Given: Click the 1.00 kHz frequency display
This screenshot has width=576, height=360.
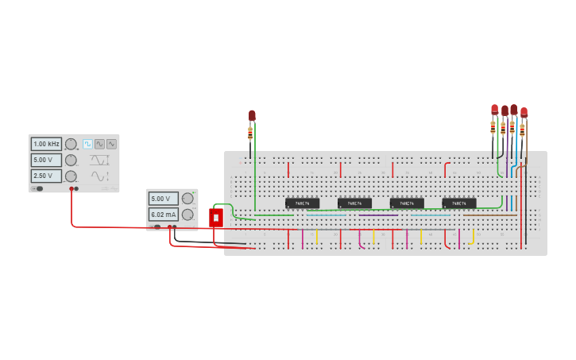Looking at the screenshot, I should tap(46, 144).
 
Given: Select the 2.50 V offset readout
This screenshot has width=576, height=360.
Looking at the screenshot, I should tap(46, 176).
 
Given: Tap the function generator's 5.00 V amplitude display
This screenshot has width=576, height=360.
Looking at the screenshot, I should tap(46, 160).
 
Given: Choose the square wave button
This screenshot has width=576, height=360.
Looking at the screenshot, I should tap(87, 144).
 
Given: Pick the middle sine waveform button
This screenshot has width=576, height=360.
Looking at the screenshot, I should tap(99, 144).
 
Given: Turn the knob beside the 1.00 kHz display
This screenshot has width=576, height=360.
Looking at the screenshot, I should tap(71, 144).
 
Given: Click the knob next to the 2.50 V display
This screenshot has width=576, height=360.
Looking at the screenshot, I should tap(71, 176).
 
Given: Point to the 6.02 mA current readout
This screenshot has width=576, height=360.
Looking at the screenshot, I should tap(163, 215).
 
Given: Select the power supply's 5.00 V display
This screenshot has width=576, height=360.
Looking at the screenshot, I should tap(163, 199).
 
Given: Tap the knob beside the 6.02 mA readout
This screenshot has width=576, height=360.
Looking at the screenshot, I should tap(187, 215).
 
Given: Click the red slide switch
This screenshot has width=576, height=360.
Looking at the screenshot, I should tap(216, 217).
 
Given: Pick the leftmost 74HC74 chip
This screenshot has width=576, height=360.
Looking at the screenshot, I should tap(302, 203).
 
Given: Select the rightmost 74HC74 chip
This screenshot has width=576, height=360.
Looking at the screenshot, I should tap(459, 203).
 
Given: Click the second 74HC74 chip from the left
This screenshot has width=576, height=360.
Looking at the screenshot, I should tap(354, 203).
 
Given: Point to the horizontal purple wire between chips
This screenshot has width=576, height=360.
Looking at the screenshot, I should tap(378, 215).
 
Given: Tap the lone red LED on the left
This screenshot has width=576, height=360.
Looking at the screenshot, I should tap(252, 115).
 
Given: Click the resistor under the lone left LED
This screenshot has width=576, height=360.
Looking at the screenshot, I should tap(250, 133).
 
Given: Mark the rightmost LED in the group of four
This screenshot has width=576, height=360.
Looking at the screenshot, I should tap(524, 112).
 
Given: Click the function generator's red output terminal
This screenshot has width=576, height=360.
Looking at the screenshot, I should tap(72, 189).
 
